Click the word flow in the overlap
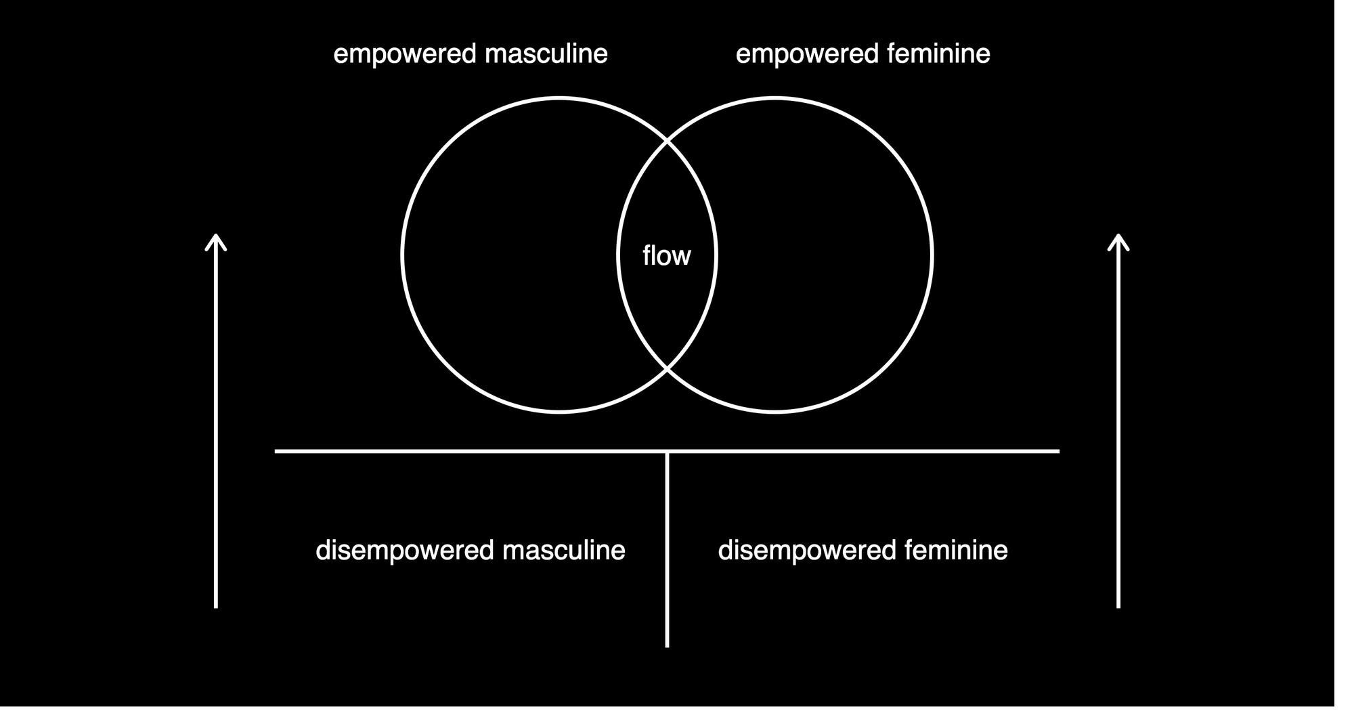coord(667,256)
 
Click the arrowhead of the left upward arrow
coord(216,236)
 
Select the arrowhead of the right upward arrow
coord(1118,236)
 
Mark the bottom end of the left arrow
coord(216,607)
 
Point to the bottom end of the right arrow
coord(1118,607)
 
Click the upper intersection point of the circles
coord(667,142)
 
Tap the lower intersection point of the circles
coord(667,369)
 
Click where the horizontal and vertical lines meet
coord(668,451)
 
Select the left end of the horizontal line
coord(276,451)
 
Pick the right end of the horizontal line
coord(1059,451)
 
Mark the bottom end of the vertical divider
coord(668,647)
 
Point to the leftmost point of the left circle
coord(402,255)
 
